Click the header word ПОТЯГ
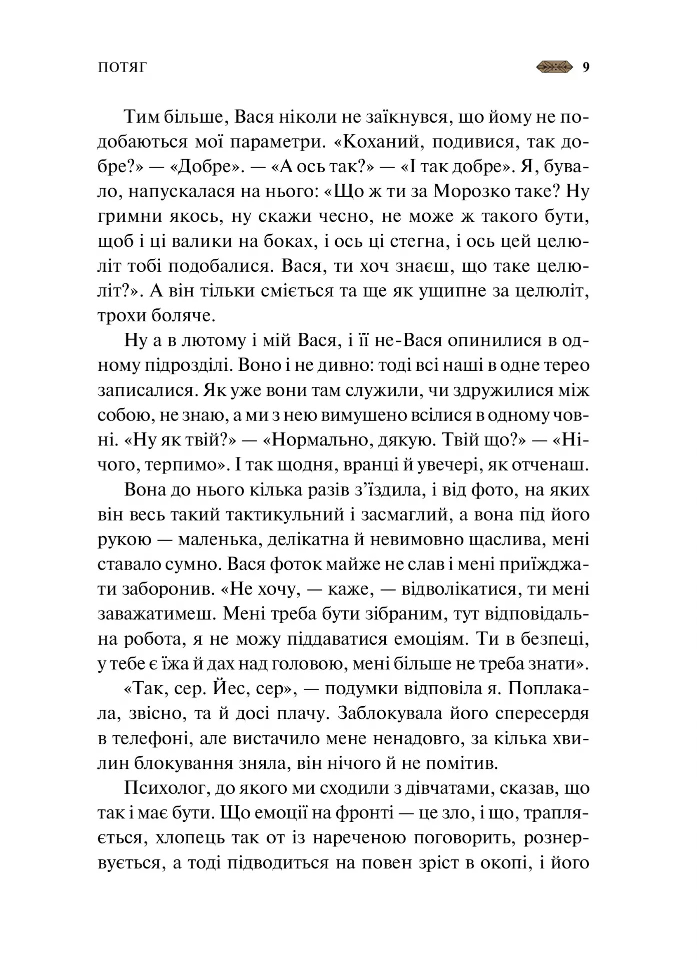[x=122, y=68]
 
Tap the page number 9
[x=586, y=67]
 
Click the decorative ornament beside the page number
[x=554, y=67]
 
